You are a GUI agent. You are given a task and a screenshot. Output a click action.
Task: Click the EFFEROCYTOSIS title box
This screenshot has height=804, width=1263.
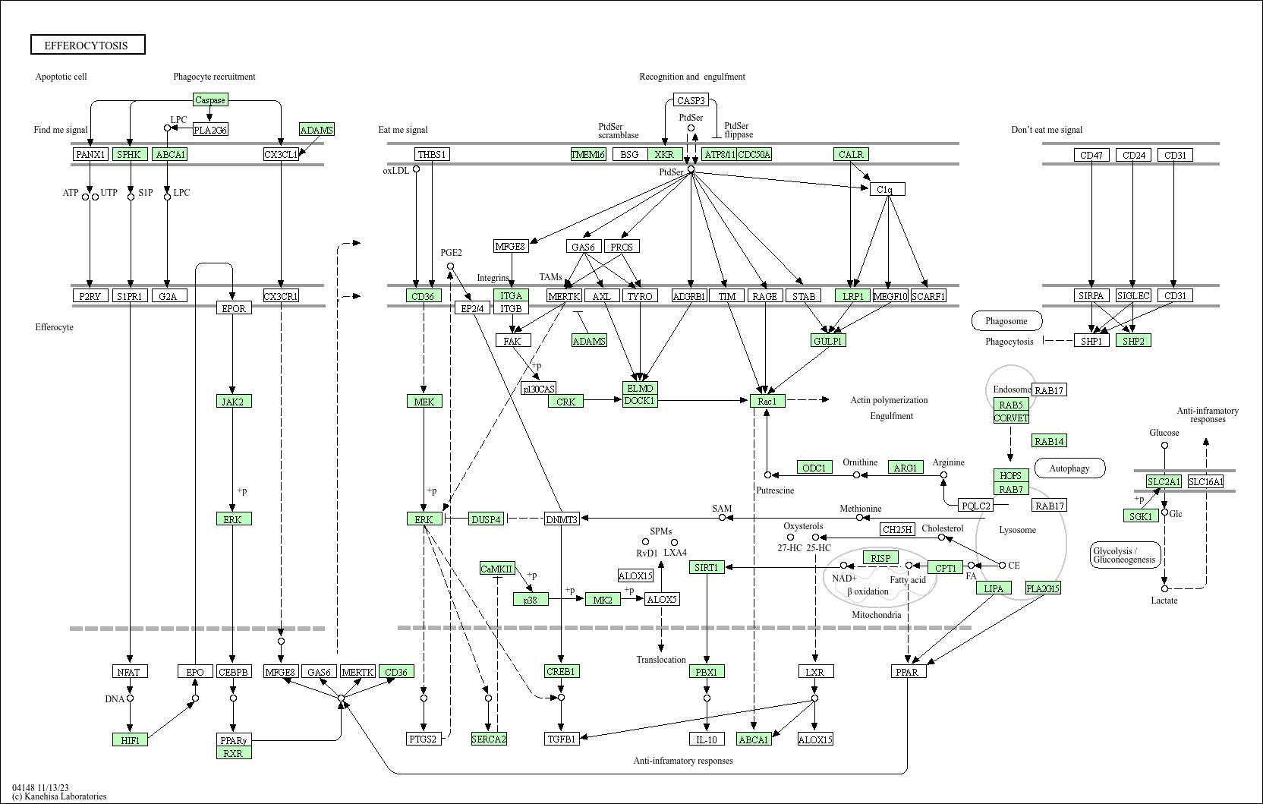coord(87,45)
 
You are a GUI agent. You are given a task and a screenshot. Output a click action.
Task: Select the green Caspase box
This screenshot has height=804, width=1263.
coord(209,99)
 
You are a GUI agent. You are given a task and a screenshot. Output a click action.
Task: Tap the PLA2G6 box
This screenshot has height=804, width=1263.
coord(210,130)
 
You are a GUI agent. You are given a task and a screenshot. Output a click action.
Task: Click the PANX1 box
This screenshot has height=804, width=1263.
coord(90,154)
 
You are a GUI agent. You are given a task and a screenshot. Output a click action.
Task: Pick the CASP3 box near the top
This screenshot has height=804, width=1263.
coord(691,99)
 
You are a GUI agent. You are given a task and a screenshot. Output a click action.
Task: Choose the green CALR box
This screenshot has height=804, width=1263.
coord(850,154)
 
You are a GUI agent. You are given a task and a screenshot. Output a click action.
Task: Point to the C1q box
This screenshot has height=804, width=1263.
coord(887,189)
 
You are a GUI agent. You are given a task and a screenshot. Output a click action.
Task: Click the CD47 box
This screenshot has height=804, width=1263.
coord(1091,155)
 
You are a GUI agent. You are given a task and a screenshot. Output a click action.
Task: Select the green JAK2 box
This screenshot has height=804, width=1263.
coord(233,401)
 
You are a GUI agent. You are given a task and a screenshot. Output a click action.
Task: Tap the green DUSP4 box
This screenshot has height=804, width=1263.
coord(486,519)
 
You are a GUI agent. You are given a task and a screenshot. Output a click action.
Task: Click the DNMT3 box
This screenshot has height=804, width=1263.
coord(562,519)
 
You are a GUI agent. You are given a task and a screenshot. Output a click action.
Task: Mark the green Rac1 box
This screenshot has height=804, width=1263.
coord(767,401)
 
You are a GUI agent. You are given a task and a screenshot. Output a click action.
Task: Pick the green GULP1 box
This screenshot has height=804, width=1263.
coord(828,341)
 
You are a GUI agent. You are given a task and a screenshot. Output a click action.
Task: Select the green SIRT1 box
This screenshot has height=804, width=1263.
coord(707,567)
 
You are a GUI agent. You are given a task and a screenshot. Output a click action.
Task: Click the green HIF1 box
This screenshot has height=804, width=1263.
coord(130,739)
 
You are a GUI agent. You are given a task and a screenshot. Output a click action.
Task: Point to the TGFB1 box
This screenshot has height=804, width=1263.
coord(562,739)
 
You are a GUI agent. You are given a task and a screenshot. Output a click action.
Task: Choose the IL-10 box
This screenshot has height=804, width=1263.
coord(707,739)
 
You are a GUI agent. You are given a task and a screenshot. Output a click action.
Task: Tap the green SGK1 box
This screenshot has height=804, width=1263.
coord(1140,516)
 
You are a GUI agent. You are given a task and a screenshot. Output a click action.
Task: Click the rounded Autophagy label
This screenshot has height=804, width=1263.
coord(1069,468)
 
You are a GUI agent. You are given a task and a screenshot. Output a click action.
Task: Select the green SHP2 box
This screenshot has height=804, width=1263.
coord(1132,341)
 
